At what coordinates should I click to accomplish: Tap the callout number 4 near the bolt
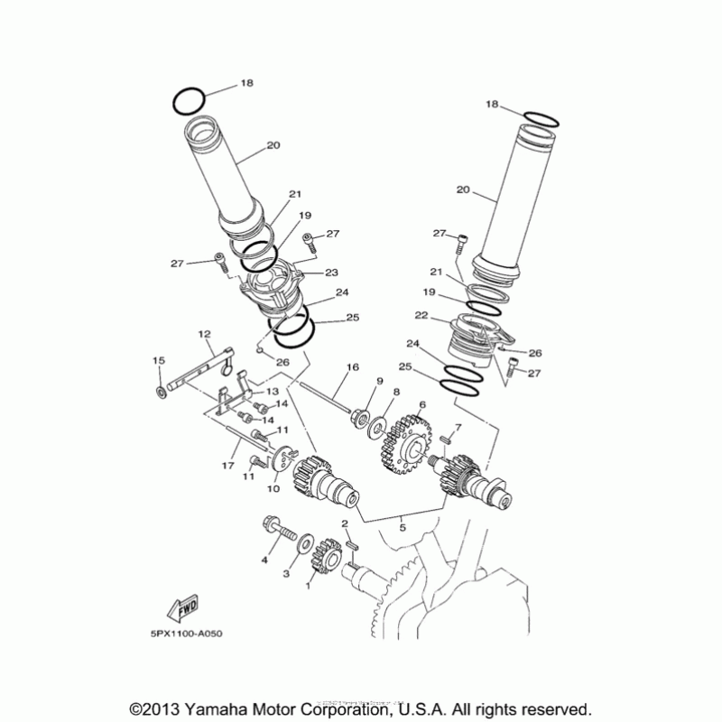[265, 560]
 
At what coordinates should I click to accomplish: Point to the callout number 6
[420, 406]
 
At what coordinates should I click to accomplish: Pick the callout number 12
[203, 334]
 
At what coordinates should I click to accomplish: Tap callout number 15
[158, 361]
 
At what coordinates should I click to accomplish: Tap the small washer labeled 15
[160, 393]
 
